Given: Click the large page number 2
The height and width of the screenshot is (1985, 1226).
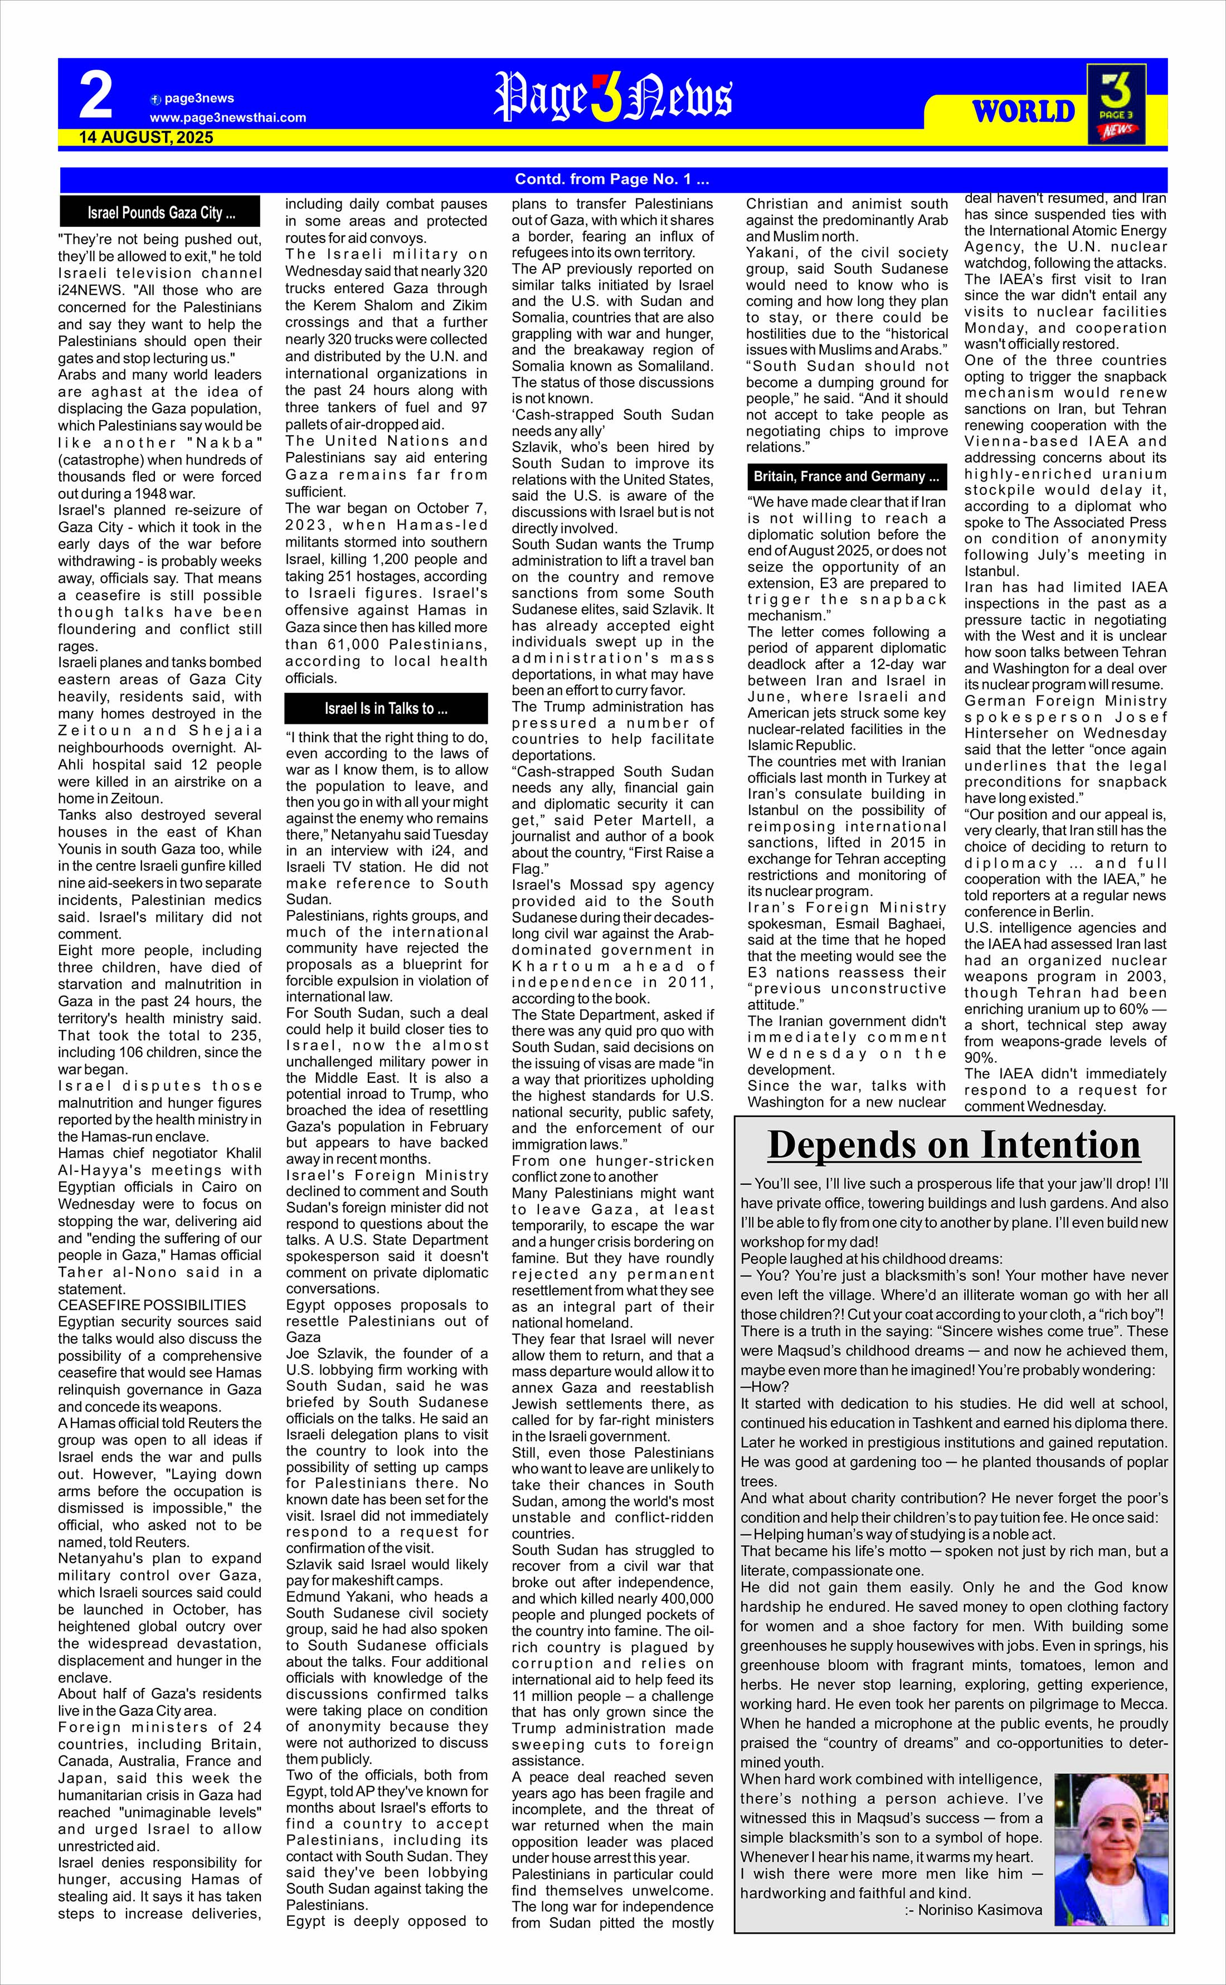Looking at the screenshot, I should click(96, 96).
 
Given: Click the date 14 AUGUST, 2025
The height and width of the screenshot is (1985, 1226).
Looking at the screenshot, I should click(146, 138).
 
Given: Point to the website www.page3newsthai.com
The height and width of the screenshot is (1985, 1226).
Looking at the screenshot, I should click(228, 118).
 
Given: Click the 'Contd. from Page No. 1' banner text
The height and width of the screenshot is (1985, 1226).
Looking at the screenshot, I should click(612, 179).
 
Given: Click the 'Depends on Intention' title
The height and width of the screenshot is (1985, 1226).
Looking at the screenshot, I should click(953, 1145).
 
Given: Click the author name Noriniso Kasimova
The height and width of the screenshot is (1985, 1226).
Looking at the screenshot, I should click(973, 1910).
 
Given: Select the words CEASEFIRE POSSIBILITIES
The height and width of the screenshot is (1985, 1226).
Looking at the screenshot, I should click(152, 1305).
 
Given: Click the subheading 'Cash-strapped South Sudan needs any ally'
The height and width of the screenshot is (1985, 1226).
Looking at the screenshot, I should click(612, 422).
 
